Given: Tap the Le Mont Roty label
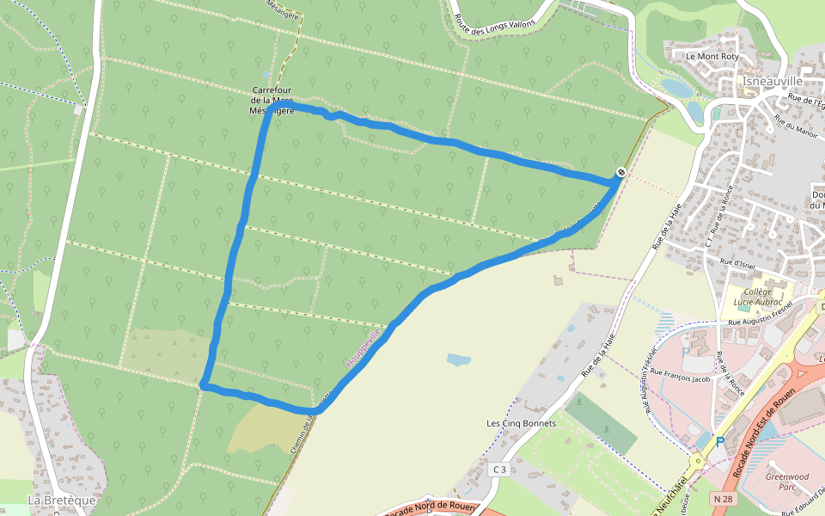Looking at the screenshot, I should (712, 57).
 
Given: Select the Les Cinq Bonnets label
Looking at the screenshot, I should (522, 423).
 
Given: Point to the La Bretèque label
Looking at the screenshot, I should (62, 500).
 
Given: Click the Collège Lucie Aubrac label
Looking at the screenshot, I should (757, 298).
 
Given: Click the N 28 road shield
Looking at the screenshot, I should (722, 499).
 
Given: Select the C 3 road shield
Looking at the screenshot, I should (500, 470).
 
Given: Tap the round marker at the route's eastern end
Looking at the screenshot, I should (620, 173).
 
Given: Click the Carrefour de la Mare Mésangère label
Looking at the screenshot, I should (273, 100).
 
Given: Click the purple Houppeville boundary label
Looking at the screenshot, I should (363, 348).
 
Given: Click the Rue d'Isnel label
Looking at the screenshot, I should (737, 261).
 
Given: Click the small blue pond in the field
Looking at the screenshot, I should (458, 359).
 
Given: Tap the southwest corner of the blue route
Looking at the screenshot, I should (204, 386).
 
